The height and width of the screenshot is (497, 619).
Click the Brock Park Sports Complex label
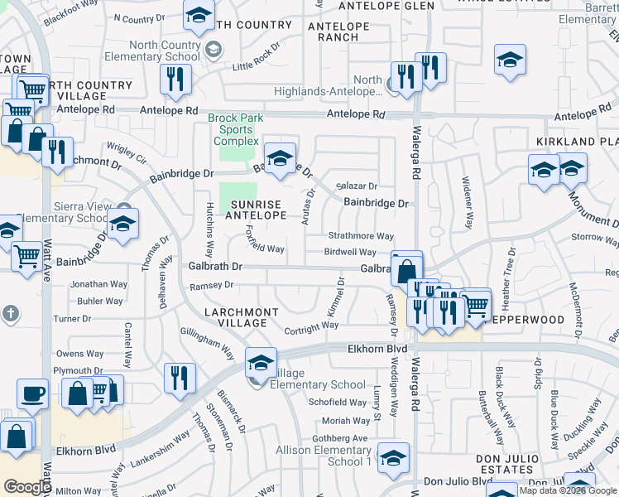point(236,130)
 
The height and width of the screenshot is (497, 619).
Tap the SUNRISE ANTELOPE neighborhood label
point(257,210)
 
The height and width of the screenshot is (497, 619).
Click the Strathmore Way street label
point(360,236)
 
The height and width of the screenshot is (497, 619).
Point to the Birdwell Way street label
point(350,252)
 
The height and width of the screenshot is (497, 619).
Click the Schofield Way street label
point(338,402)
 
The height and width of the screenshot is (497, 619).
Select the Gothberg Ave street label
point(339,437)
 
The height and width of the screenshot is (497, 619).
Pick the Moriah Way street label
point(346,421)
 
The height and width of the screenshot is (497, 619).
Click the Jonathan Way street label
point(99,284)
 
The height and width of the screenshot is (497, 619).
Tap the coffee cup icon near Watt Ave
point(34,394)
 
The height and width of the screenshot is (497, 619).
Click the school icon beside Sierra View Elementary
point(122,224)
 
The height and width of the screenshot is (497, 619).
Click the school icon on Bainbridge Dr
point(280,157)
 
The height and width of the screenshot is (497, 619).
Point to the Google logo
point(27,487)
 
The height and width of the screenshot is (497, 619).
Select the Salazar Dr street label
point(356,186)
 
